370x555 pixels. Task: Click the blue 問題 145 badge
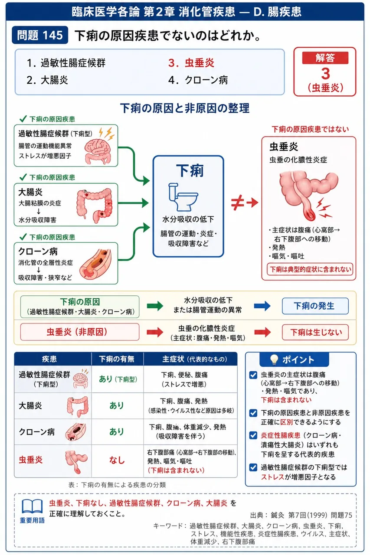coord(40,35)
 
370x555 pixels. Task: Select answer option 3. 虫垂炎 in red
coord(191,63)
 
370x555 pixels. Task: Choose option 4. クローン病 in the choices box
coord(198,80)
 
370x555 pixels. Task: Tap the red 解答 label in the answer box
coord(325,58)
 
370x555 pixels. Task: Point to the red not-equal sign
coord(236,203)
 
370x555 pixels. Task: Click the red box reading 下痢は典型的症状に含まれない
coord(310,269)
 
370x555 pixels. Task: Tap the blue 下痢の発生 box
coord(315,306)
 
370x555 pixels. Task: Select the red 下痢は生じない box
coord(315,332)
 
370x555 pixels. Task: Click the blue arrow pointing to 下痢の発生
coord(262,306)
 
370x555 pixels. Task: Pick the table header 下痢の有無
coord(117,359)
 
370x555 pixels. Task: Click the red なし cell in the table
coord(117,460)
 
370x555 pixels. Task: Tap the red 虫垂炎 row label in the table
coord(31,460)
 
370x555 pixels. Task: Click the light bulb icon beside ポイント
coord(274,359)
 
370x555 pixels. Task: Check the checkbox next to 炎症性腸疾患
coord(253,435)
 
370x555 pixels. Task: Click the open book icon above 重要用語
coord(32,506)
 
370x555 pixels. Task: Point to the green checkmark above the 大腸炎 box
coord(23,177)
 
